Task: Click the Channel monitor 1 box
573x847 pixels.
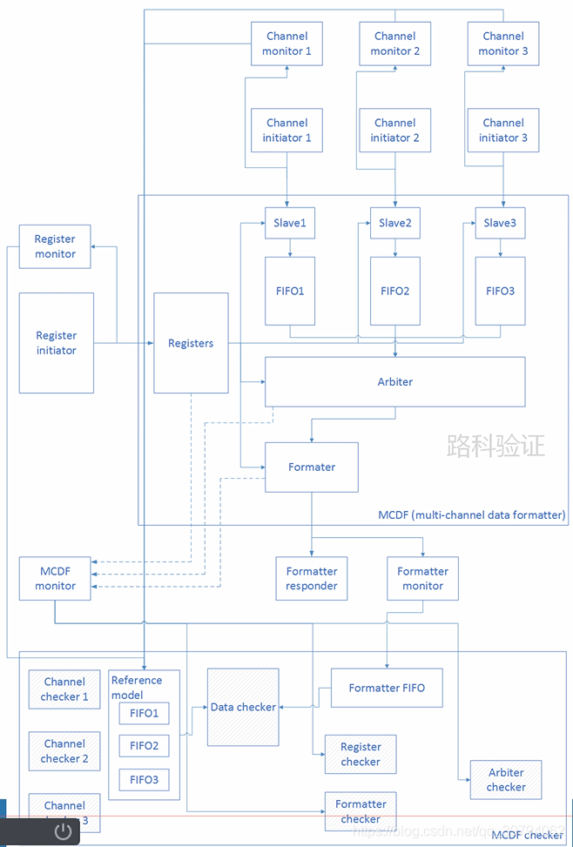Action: (286, 44)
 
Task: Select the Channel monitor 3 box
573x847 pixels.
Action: (502, 44)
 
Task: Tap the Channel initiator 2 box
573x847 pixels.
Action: (394, 131)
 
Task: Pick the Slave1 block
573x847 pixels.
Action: (290, 223)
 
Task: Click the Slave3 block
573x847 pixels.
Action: (500, 223)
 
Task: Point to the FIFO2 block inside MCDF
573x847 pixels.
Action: (394, 291)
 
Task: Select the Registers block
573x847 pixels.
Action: (191, 343)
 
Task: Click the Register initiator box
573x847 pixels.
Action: (56, 343)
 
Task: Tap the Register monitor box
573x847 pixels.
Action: (55, 246)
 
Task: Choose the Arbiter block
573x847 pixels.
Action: (394, 381)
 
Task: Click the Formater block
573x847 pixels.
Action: (312, 467)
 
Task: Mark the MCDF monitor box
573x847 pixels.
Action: (55, 579)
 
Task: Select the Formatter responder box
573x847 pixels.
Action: (312, 579)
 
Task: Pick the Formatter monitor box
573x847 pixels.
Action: (422, 579)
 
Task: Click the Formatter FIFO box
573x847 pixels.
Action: (387, 688)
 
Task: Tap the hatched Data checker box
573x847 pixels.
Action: (243, 707)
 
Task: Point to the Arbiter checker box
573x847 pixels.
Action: (505, 779)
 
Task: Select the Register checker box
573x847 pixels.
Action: (360, 754)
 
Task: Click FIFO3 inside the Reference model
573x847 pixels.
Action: (144, 779)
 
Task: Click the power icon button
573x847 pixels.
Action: (63, 830)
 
